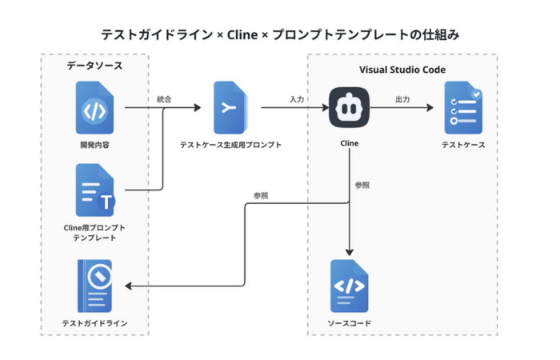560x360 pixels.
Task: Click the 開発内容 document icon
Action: coord(94,107)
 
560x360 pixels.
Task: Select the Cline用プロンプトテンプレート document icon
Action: coord(94,190)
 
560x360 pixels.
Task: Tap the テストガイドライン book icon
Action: coord(94,286)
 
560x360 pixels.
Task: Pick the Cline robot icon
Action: coord(349,107)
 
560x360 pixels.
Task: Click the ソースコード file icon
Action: coord(349,286)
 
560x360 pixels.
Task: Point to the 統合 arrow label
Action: coord(164,99)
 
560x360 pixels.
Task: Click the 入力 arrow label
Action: coord(297,99)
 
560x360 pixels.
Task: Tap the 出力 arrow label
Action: coord(403,99)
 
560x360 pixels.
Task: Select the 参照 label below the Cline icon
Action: coord(362,185)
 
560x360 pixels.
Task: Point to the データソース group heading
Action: coord(94,65)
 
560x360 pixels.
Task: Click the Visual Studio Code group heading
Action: coord(402,70)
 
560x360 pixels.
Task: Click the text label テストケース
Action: coord(463,145)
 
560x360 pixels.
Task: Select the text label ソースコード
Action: coord(349,323)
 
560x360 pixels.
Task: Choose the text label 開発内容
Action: coord(94,145)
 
